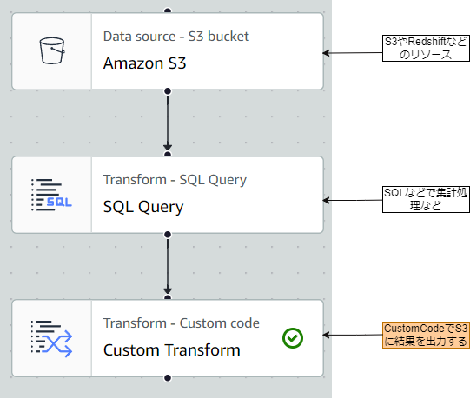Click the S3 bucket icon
[x=51, y=51]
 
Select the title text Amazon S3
[x=144, y=63]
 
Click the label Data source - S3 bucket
[x=175, y=37]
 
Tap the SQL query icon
[x=51, y=195]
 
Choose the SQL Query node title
[x=143, y=207]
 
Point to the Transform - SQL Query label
[x=175, y=180]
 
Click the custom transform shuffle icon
[x=51, y=338]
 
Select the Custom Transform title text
[x=171, y=350]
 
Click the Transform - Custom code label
[x=181, y=323]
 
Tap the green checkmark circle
[x=293, y=337]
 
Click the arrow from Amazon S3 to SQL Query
[x=168, y=122]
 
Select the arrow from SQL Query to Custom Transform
[x=168, y=265]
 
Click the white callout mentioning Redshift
[x=426, y=48]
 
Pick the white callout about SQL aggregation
[x=426, y=199]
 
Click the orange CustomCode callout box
[x=426, y=335]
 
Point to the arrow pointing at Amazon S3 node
[x=352, y=52]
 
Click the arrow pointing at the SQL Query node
[x=352, y=200]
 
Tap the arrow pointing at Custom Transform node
[x=352, y=335]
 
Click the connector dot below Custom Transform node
[x=168, y=378]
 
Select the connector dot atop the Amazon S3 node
[x=168, y=11]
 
